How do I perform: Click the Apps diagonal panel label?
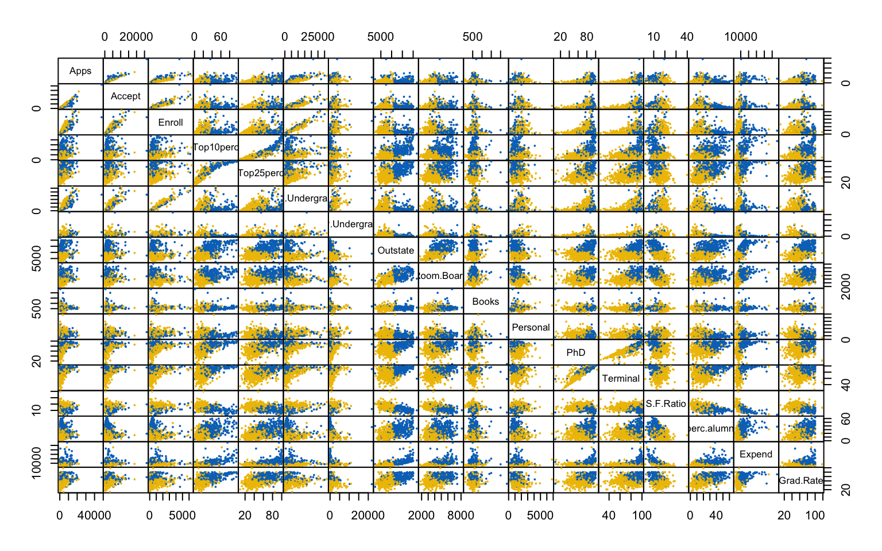tap(80, 71)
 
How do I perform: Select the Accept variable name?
tap(126, 96)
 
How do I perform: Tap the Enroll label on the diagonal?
tap(171, 122)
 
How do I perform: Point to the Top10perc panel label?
tap(216, 148)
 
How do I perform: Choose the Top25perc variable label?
tap(261, 173)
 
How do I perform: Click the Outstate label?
tap(396, 250)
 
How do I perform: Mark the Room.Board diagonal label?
tap(440, 276)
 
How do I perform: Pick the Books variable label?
tap(486, 301)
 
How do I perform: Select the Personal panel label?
tap(531, 327)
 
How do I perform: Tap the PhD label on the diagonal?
tap(575, 352)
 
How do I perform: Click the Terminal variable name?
tap(621, 378)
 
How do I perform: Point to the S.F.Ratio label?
tap(666, 404)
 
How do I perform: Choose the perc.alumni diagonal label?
tap(711, 429)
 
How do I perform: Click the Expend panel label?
tap(756, 455)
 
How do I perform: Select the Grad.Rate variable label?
tap(801, 480)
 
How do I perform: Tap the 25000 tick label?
tap(318, 37)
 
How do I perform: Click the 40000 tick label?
tap(94, 515)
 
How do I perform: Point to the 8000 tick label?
tap(461, 515)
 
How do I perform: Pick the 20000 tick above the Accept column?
tap(136, 37)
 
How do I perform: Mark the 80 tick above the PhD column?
tap(586, 37)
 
